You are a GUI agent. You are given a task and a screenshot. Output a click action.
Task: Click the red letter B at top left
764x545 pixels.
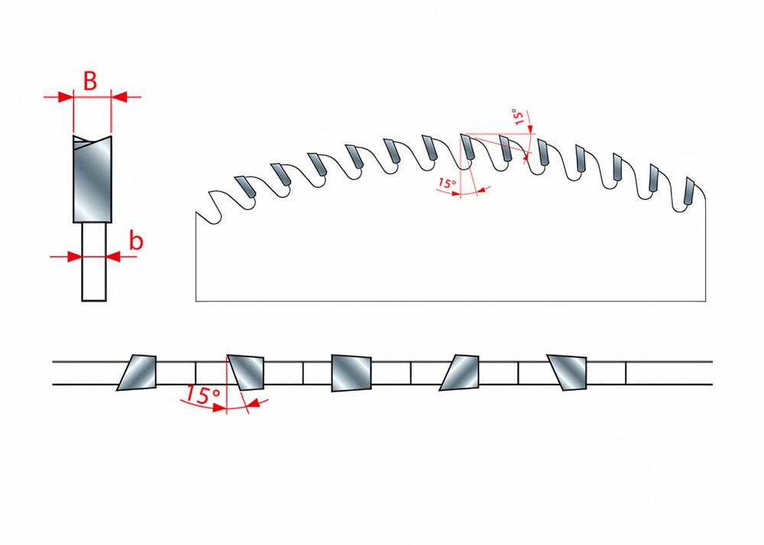tap(90, 81)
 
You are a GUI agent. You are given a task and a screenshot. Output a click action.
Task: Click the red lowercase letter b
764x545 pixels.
tap(136, 241)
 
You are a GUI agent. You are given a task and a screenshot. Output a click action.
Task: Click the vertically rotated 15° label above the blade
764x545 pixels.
tap(520, 118)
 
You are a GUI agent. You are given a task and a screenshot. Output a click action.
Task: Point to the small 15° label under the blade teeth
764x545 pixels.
tap(447, 184)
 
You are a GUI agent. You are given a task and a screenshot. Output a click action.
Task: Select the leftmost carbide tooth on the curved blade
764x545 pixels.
tap(245, 186)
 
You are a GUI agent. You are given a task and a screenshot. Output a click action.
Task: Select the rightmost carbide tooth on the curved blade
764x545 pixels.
tap(689, 192)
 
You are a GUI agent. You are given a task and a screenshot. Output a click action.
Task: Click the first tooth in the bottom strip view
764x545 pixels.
tap(137, 372)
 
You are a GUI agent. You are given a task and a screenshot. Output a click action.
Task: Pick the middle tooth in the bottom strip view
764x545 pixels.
tap(351, 372)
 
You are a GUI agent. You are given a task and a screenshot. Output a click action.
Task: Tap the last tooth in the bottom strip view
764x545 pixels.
tap(568, 372)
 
